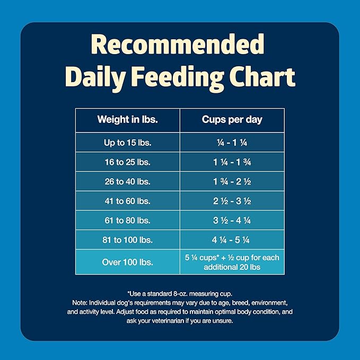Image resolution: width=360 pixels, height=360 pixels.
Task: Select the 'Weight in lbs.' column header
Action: pos(127,120)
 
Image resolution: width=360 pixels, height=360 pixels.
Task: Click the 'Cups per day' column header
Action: pos(232,120)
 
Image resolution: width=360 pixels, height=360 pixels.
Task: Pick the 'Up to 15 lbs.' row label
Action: pos(127,143)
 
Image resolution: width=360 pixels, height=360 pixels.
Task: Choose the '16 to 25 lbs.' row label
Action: pos(127,162)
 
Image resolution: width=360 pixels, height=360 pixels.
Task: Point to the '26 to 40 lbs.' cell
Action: pos(127,181)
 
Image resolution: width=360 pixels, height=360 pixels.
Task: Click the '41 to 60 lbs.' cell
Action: pos(127,201)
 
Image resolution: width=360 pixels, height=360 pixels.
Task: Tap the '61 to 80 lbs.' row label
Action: pos(127,220)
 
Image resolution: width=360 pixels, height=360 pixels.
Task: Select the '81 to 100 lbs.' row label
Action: pos(127,240)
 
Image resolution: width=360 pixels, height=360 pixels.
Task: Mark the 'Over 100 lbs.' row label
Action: pos(127,262)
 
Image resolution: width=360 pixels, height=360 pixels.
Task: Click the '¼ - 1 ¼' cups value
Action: pos(232,143)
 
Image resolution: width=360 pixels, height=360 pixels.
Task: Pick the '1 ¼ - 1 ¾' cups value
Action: pos(232,162)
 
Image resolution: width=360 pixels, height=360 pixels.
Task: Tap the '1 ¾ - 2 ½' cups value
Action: pos(232,181)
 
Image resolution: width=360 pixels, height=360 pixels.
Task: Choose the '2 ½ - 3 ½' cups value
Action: pos(232,201)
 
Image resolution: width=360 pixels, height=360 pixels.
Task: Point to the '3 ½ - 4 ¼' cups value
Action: pos(232,220)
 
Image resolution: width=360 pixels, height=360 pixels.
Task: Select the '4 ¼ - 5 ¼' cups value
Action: pos(232,240)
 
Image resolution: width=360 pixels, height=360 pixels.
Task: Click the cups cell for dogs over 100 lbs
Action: pos(232,262)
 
